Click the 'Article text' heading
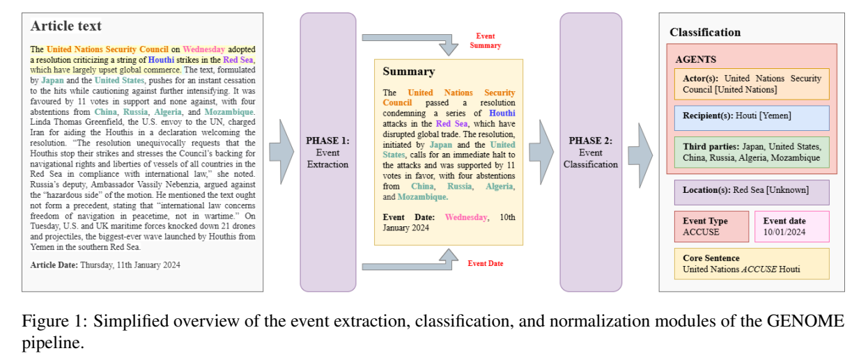[x=66, y=26]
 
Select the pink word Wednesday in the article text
[x=204, y=49]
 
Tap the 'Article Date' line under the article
[x=105, y=265]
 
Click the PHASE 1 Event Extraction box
[x=328, y=152]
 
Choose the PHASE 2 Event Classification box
[x=591, y=152]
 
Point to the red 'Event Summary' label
[x=486, y=40]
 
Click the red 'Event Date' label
[x=486, y=263]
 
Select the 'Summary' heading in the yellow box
[x=409, y=71]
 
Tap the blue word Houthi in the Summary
[x=502, y=114]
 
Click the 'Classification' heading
[x=705, y=32]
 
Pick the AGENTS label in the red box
[x=695, y=59]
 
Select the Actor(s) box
[x=752, y=84]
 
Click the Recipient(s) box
[x=752, y=118]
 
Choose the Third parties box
[x=752, y=152]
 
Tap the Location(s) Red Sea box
[x=752, y=192]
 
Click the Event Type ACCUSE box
[x=711, y=227]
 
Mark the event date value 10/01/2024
[x=784, y=232]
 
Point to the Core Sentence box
[x=752, y=264]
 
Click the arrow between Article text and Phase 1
[x=281, y=152]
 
